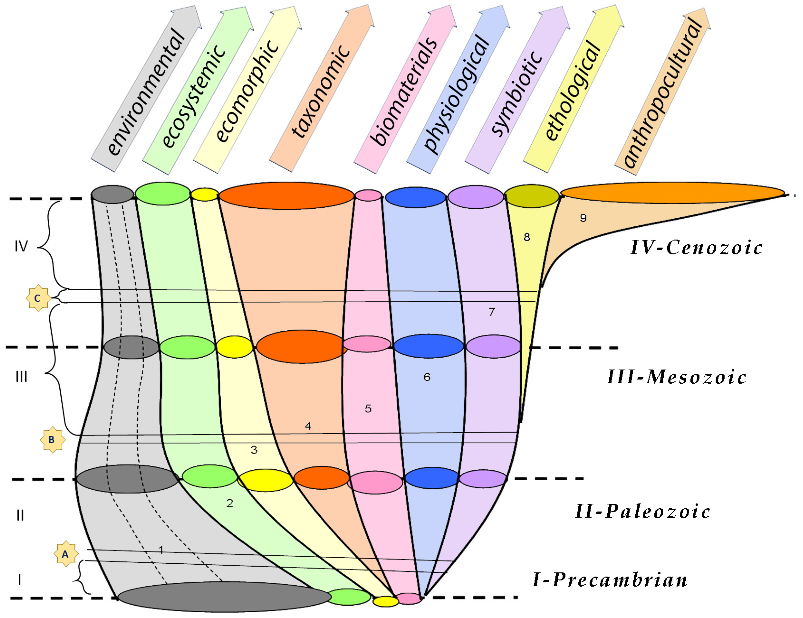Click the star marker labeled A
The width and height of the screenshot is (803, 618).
click(66, 554)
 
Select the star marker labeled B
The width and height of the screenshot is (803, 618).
click(52, 439)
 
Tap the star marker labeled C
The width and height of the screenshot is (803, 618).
click(38, 298)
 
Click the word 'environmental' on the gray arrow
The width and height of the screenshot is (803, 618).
click(146, 92)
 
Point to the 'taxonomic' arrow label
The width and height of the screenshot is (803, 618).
click(320, 92)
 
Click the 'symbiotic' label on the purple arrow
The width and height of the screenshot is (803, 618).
click(517, 94)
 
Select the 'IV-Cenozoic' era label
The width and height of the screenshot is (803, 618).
click(696, 247)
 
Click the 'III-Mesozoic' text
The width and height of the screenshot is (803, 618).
click(676, 377)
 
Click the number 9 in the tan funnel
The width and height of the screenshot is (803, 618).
click(583, 218)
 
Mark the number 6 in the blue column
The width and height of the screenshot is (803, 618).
click(426, 377)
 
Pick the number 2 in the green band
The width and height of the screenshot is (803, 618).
click(230, 503)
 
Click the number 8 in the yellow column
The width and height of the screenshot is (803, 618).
click(526, 237)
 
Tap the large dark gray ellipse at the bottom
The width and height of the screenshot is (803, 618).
click(224, 597)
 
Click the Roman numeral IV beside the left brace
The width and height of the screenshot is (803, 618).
click(21, 246)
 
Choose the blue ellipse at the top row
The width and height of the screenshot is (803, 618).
click(415, 197)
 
